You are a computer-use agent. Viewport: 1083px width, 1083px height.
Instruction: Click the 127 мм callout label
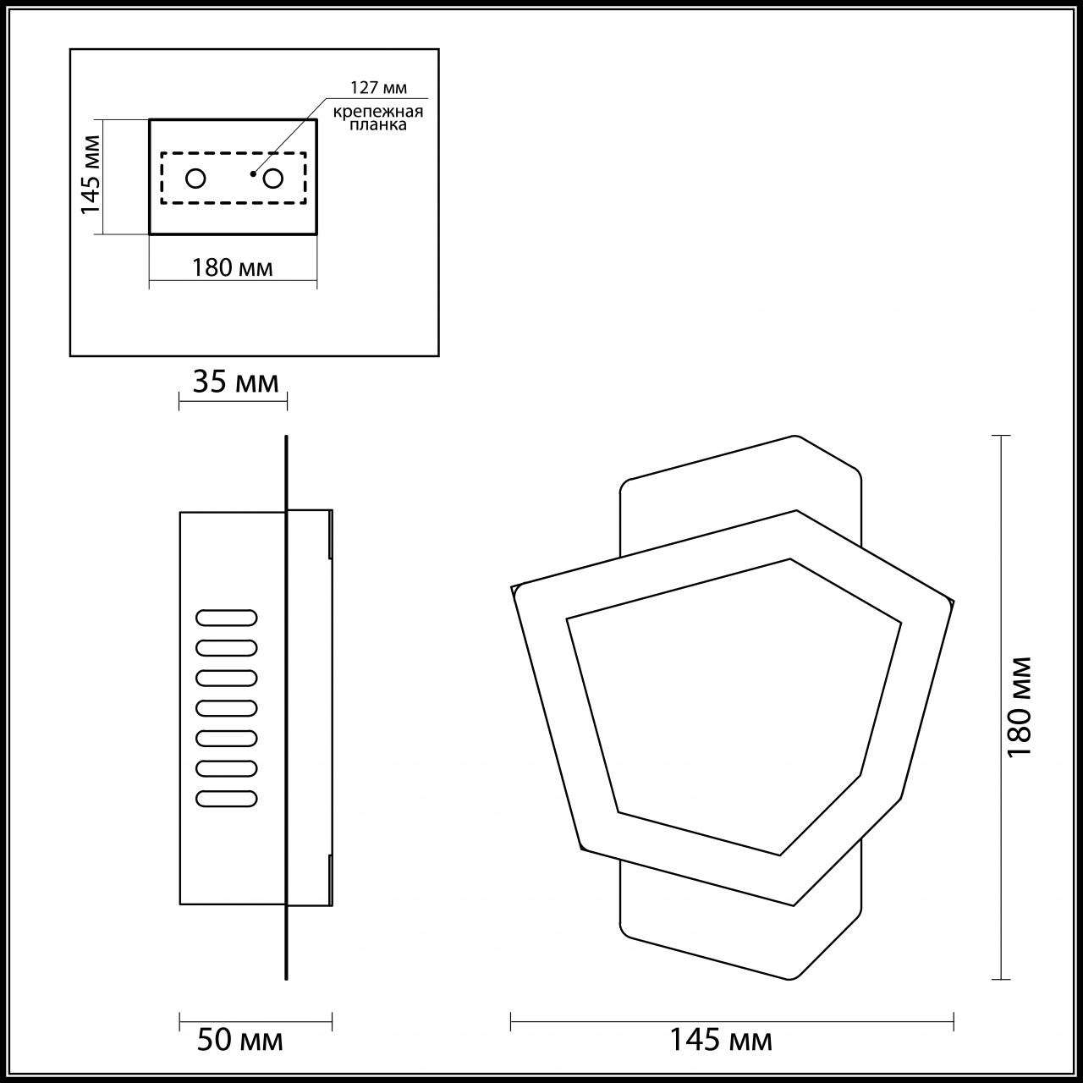[x=378, y=87]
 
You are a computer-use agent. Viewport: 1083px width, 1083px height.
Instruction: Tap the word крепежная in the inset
[x=377, y=111]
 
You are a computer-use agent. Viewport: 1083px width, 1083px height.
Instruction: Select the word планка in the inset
[x=378, y=125]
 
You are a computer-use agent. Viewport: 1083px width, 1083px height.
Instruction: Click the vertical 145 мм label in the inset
[x=91, y=176]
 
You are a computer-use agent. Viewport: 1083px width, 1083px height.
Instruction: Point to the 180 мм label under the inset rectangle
[x=233, y=268]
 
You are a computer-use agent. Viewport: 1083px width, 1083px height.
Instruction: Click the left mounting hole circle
[x=195, y=179]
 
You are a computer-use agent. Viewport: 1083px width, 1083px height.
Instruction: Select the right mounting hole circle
[x=273, y=179]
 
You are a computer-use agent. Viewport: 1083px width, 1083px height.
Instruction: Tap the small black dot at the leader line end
[x=253, y=173]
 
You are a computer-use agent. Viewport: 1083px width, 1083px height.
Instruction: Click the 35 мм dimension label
[x=235, y=382]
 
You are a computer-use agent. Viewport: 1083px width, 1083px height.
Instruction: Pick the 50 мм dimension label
[x=240, y=1040]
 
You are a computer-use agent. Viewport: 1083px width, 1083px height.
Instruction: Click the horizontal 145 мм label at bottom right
[x=721, y=1040]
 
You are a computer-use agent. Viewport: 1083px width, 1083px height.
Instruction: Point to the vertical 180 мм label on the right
[x=1020, y=706]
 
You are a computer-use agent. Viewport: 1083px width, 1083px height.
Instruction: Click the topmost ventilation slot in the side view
[x=227, y=618]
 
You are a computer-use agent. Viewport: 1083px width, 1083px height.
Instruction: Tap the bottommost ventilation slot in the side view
[x=227, y=798]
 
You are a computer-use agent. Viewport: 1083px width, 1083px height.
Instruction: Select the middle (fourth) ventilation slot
[x=227, y=707]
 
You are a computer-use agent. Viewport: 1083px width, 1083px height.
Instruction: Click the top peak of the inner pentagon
[x=790, y=559]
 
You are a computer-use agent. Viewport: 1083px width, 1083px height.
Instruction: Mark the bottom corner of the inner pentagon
[x=780, y=855]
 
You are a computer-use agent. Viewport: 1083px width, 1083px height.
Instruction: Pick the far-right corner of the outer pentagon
[x=953, y=602]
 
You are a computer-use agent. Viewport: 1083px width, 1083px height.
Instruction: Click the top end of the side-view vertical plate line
[x=287, y=437]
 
